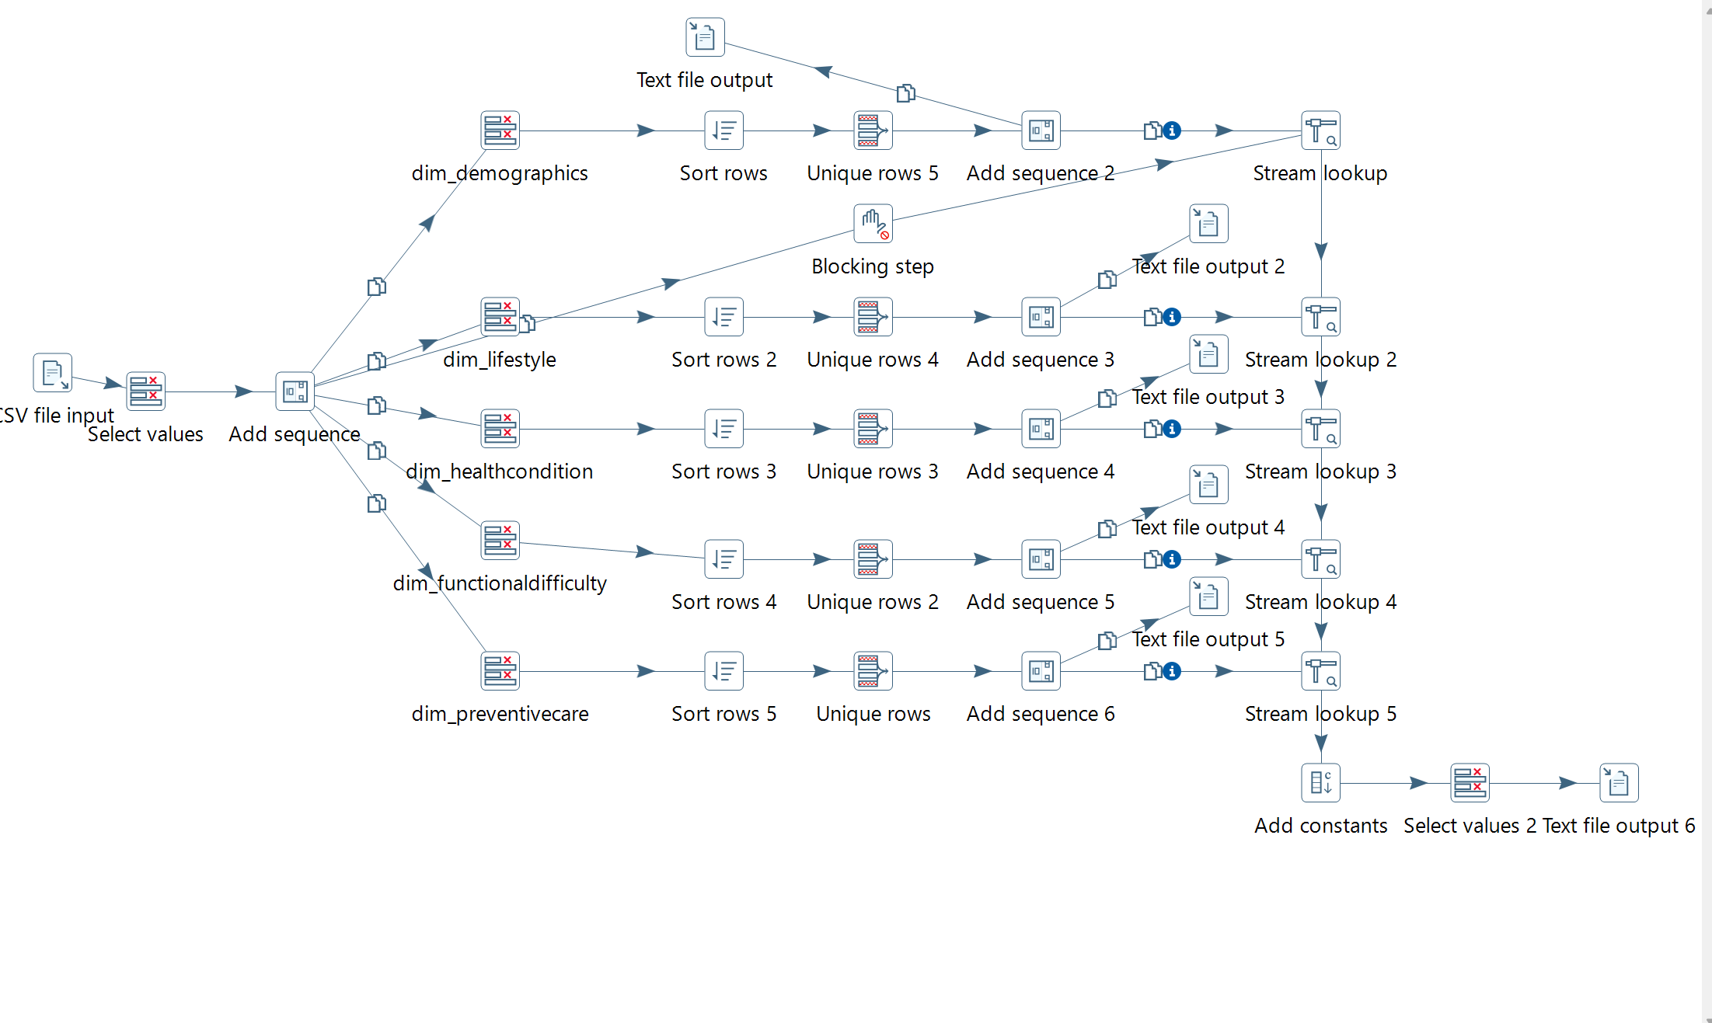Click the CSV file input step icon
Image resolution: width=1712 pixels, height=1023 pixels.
coord(52,373)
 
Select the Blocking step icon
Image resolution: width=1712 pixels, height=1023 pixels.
coord(873,224)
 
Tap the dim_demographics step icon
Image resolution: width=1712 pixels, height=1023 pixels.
coord(500,130)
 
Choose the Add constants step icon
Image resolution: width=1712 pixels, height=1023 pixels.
coord(1320,783)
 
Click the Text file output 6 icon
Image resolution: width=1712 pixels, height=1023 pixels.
coord(1619,783)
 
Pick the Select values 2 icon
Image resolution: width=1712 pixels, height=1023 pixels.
coord(1470,783)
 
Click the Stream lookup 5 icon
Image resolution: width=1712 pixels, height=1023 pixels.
coord(1320,671)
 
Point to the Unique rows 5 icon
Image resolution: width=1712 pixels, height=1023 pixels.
coord(873,130)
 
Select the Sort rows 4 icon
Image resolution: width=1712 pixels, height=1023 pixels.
coord(724,559)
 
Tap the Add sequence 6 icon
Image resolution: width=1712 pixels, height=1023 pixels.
coord(1041,671)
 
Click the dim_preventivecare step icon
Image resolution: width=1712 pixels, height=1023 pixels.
coord(500,671)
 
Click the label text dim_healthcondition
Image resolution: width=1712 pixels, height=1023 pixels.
coord(500,471)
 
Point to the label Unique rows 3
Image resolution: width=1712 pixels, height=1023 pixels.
coord(873,471)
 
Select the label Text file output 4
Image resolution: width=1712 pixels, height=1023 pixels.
coord(1208,527)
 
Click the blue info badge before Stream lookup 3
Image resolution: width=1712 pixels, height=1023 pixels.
coord(1172,429)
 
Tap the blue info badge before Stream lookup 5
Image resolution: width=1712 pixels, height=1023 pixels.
coord(1172,671)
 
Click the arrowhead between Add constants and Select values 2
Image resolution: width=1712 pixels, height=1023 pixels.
coord(1418,783)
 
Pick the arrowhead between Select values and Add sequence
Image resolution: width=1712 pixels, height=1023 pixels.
coord(243,391)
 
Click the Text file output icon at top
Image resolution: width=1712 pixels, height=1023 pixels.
coord(705,37)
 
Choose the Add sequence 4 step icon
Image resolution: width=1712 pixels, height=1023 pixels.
coord(1041,429)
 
